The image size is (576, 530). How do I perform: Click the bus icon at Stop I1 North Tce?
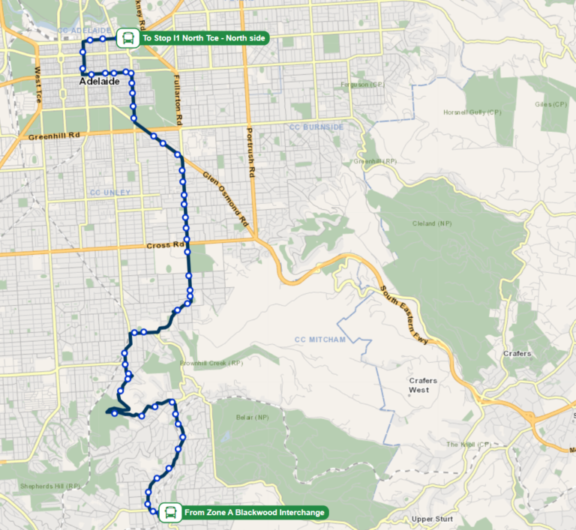[x=128, y=37]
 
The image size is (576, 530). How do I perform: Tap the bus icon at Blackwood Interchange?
[x=170, y=513]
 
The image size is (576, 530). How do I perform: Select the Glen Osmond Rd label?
[x=225, y=199]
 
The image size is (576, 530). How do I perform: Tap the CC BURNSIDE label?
[x=316, y=127]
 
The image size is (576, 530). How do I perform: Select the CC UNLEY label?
[x=110, y=193]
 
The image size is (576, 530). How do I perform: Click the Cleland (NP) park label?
[x=433, y=223]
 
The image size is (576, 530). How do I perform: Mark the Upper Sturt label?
[x=433, y=519]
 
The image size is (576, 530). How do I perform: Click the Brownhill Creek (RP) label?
[x=211, y=364]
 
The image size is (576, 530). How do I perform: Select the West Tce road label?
[x=37, y=84]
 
